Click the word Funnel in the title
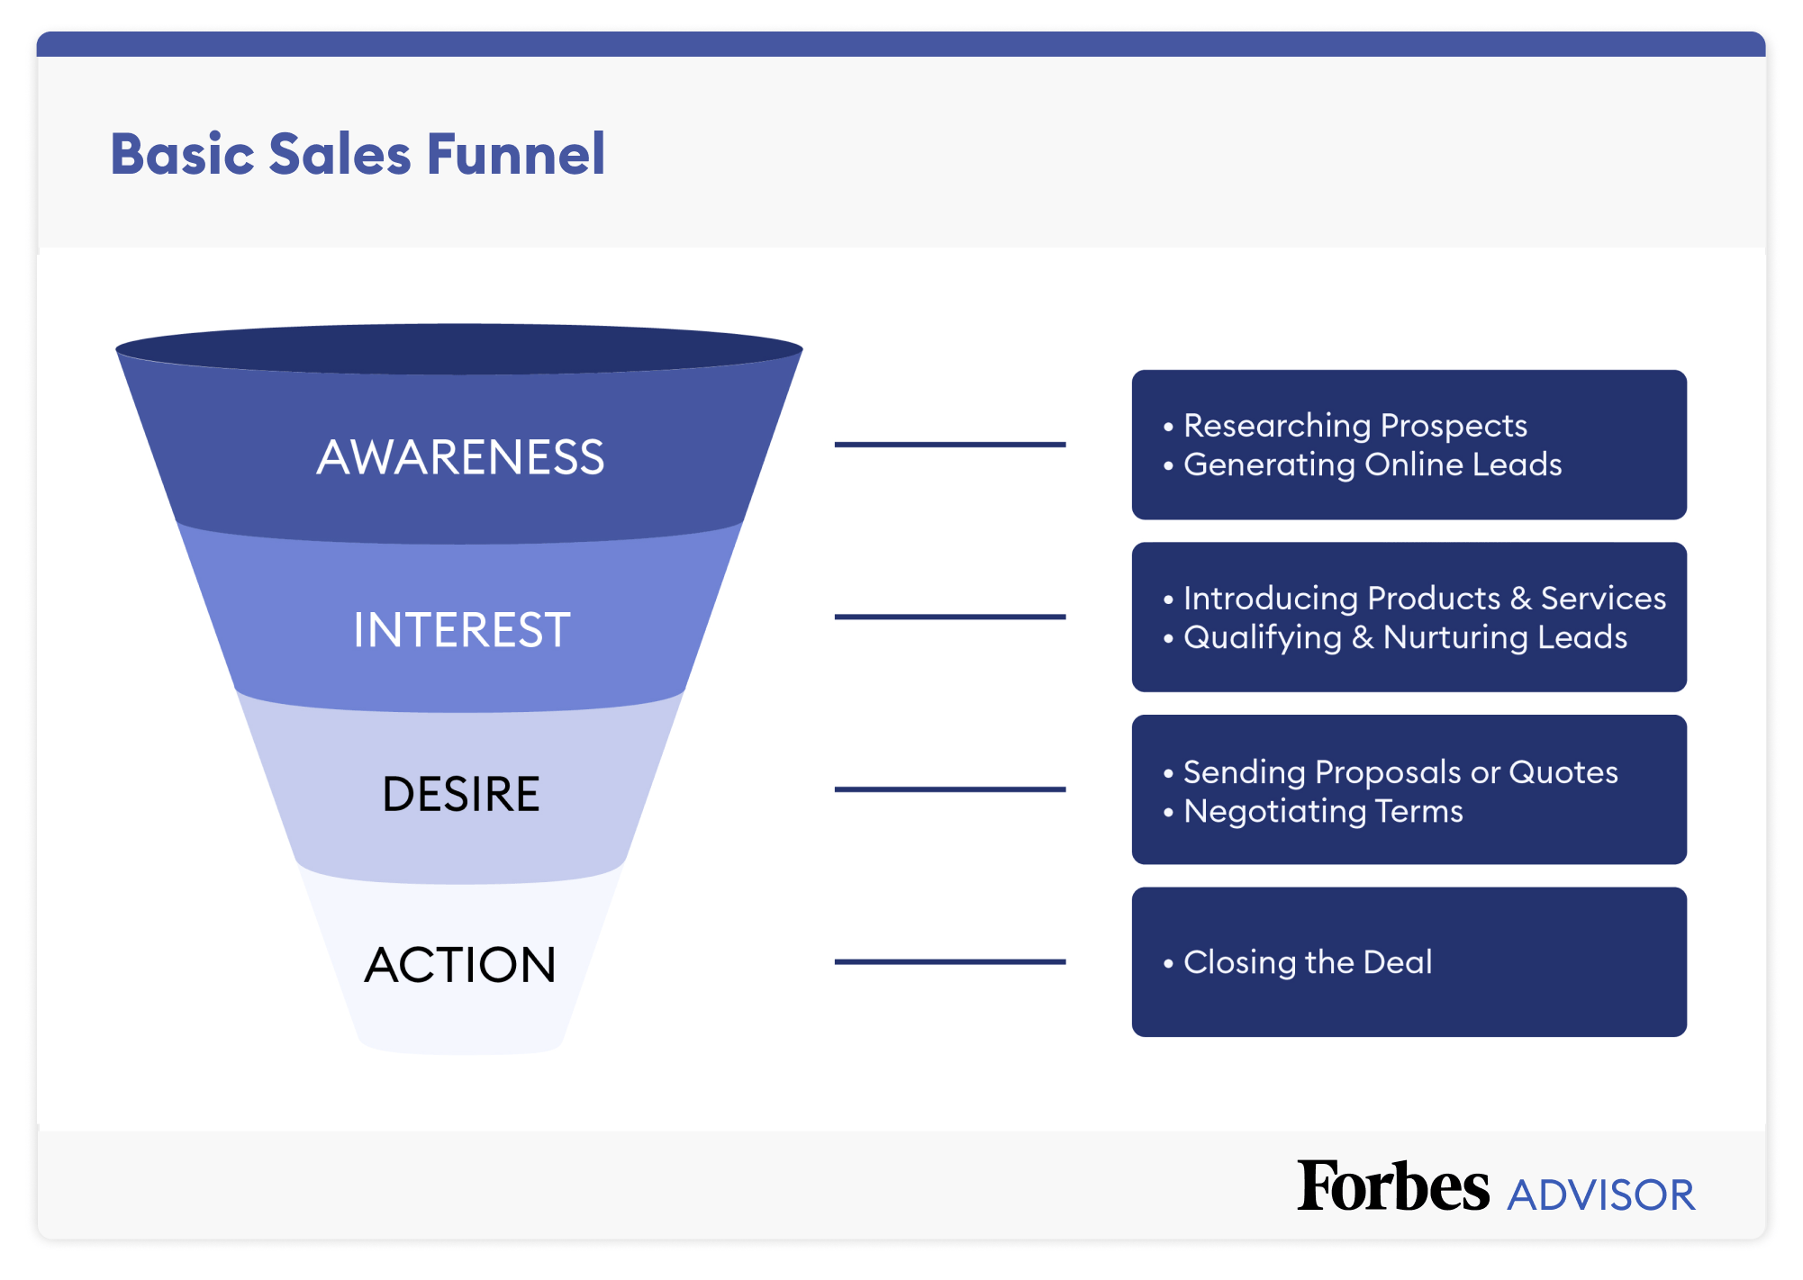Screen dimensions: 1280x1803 (515, 154)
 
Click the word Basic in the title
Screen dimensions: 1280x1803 (183, 154)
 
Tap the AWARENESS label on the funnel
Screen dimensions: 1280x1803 (460, 457)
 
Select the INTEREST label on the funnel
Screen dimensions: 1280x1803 (461, 629)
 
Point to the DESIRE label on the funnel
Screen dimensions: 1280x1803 (460, 794)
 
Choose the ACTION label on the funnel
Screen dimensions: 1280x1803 (460, 965)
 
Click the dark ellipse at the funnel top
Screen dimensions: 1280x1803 (459, 348)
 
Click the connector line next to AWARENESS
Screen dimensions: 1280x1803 (949, 444)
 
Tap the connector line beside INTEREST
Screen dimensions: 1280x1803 (949, 617)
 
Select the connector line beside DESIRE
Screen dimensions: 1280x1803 (949, 789)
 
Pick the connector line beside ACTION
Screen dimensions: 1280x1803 (949, 961)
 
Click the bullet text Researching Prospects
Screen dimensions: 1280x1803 (1355, 425)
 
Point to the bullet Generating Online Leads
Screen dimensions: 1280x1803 (1372, 464)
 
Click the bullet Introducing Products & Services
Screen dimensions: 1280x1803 (1424, 598)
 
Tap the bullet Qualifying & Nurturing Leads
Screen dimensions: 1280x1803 (1405, 637)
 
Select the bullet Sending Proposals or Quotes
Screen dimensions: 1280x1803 (1400, 771)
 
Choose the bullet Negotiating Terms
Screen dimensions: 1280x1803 (1322, 811)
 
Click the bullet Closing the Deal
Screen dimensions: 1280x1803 (1307, 962)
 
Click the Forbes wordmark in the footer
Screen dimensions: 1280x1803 (1392, 1186)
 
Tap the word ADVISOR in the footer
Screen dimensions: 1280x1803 (1601, 1195)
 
